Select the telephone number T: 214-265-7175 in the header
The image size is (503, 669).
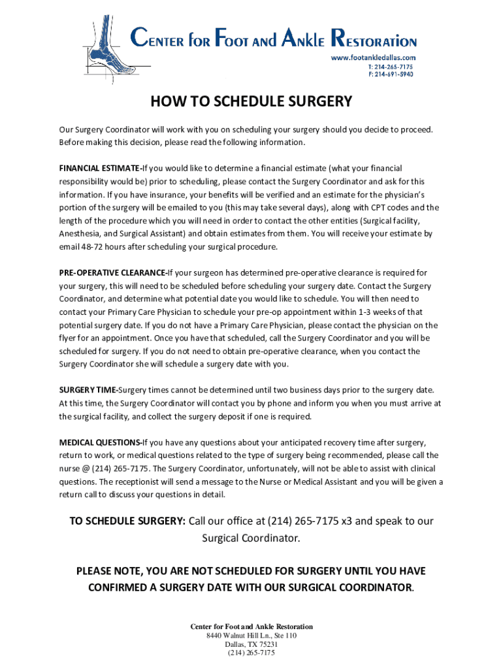391,66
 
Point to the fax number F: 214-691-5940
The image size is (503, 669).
391,74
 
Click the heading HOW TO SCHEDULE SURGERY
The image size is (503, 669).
252,102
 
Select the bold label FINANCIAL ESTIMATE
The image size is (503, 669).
99,168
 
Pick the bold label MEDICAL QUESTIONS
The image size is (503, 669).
99,442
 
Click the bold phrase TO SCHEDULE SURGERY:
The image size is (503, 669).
128,521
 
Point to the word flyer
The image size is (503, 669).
69,338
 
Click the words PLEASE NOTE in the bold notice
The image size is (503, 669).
107,571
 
